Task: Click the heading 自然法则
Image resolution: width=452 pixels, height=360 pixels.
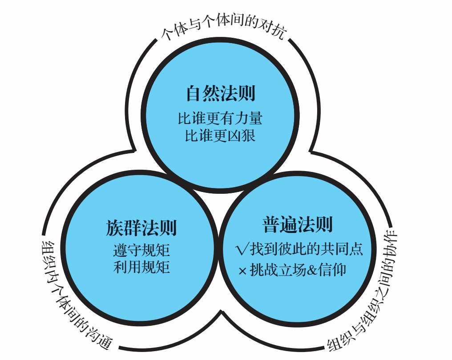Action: [221, 93]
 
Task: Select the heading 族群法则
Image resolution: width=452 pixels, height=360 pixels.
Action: [141, 228]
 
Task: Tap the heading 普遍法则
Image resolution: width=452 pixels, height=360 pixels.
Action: [298, 224]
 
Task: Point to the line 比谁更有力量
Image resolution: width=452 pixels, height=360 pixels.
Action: [220, 118]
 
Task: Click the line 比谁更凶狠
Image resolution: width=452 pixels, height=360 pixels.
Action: [220, 136]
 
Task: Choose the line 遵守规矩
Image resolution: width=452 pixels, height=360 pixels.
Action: [141, 250]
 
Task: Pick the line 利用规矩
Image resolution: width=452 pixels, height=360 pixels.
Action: [141, 267]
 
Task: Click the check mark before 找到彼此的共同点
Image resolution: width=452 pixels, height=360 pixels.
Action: [242, 249]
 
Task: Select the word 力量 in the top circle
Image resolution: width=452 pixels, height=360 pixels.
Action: [248, 118]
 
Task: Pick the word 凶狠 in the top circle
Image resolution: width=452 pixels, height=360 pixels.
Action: [242, 136]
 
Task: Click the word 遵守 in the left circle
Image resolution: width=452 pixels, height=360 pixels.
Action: [127, 250]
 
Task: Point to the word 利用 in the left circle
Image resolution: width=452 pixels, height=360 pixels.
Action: [127, 267]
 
